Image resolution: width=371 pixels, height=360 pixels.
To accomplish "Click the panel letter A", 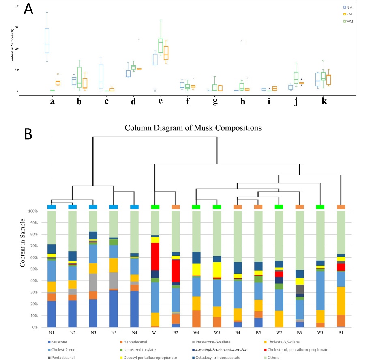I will click(28, 9).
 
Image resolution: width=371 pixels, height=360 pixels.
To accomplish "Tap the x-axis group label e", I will click(161, 101).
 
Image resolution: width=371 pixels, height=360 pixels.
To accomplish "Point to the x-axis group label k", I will click(323, 101).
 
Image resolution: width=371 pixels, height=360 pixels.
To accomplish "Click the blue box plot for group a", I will click(47, 41).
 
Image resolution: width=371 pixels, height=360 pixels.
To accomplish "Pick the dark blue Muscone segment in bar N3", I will click(114, 308).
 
